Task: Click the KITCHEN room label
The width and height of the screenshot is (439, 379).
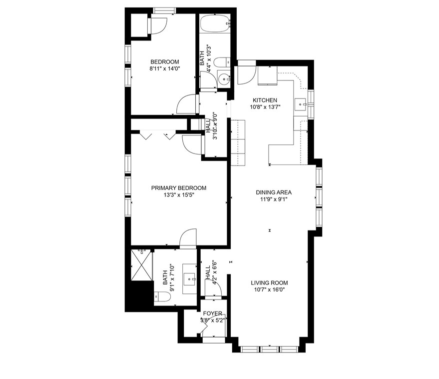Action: [265, 100]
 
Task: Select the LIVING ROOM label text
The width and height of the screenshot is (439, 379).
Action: [269, 283]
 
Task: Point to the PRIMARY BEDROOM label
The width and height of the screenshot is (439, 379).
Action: [179, 188]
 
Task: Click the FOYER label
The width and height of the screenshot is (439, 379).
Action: [212, 313]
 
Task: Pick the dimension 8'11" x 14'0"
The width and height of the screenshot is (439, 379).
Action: [165, 68]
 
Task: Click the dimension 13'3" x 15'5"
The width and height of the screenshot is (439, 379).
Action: [179, 195]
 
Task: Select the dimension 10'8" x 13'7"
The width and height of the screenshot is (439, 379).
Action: [265, 107]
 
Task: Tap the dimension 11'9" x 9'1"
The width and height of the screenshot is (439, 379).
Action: [274, 199]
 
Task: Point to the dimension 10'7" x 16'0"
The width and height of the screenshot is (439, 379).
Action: [269, 290]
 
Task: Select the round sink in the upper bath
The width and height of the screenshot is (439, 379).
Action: [224, 79]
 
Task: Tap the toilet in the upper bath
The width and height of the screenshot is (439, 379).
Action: [222, 62]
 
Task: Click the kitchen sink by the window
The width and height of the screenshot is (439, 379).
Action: [301, 105]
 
